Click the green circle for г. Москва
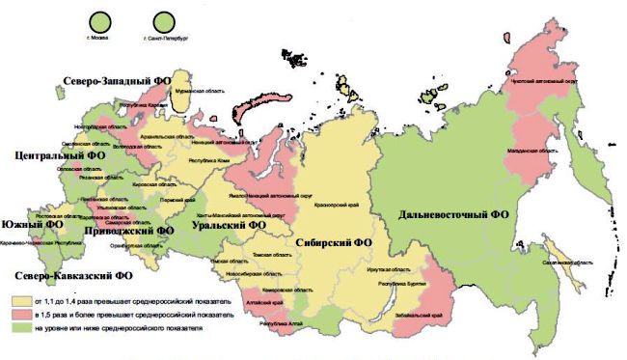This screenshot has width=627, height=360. tap(99, 19)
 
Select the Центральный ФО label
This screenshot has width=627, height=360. tap(57, 154)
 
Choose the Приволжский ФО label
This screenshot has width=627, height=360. tap(128, 231)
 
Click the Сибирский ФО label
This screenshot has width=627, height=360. tap(334, 242)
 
